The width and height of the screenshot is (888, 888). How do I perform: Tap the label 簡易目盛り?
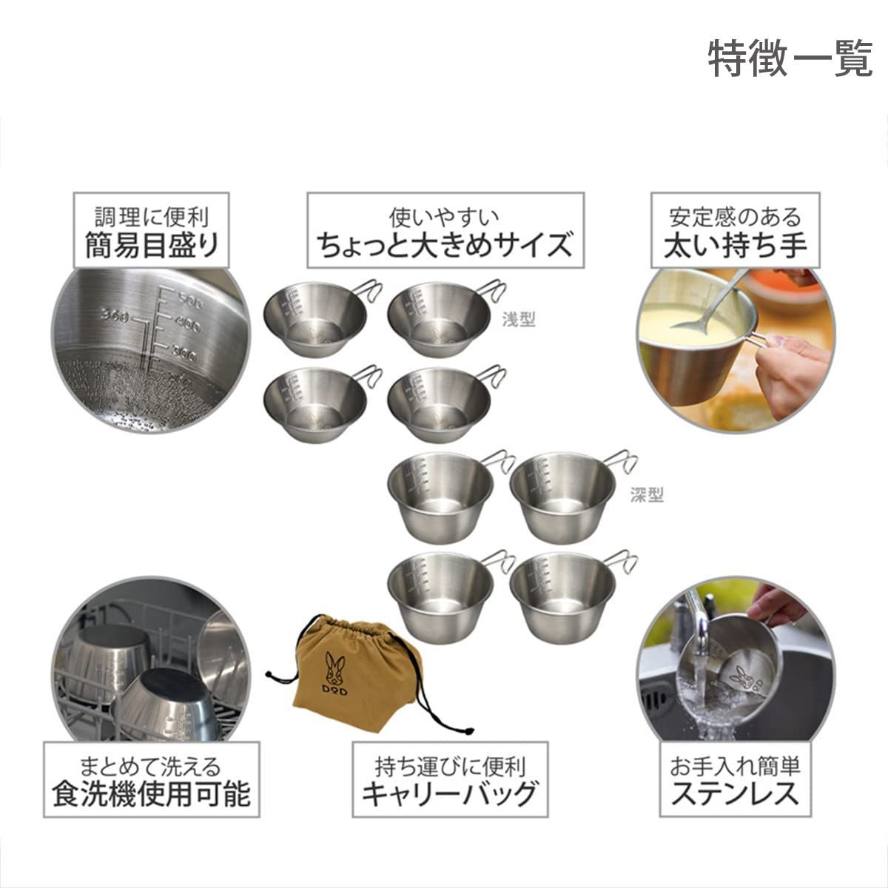pos(152,245)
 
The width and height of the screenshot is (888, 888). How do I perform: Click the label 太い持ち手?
pos(735,245)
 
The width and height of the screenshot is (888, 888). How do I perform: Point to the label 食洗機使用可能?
pos(151,794)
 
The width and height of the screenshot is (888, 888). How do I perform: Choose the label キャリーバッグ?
pos(449,794)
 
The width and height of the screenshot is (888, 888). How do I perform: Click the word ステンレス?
pos(735,794)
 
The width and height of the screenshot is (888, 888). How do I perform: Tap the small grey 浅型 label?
pos(518,320)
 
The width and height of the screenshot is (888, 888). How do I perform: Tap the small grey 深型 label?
pos(647,495)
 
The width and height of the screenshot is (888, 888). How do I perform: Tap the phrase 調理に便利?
pos(152,217)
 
